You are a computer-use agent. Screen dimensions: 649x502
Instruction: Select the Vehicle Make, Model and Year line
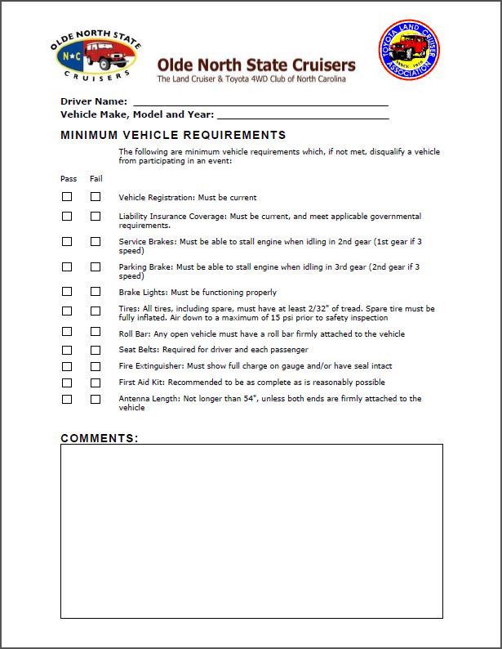click(302, 114)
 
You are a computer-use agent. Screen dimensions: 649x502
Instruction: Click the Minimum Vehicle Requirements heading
click(173, 135)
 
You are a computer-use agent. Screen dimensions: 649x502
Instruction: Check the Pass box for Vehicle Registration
click(67, 197)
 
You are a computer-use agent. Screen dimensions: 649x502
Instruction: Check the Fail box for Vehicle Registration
click(96, 197)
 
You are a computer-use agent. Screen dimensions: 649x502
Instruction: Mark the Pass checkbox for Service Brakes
click(67, 242)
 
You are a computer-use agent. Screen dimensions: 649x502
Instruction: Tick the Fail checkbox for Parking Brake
click(96, 267)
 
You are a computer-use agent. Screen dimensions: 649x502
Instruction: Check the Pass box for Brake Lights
click(67, 292)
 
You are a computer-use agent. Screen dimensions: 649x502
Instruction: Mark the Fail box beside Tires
click(96, 311)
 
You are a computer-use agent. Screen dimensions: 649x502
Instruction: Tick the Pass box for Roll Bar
click(67, 333)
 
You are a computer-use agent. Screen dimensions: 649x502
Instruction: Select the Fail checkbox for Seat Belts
click(96, 350)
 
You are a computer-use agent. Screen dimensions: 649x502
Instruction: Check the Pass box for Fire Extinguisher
click(67, 366)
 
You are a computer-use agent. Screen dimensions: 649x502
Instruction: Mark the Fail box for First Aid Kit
click(96, 383)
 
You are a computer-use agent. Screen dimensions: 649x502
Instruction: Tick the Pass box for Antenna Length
click(67, 399)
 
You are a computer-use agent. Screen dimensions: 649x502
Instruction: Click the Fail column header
click(96, 178)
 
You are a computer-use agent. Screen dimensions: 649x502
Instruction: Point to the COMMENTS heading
click(100, 438)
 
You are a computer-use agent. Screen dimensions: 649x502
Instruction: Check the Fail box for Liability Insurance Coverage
click(96, 217)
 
